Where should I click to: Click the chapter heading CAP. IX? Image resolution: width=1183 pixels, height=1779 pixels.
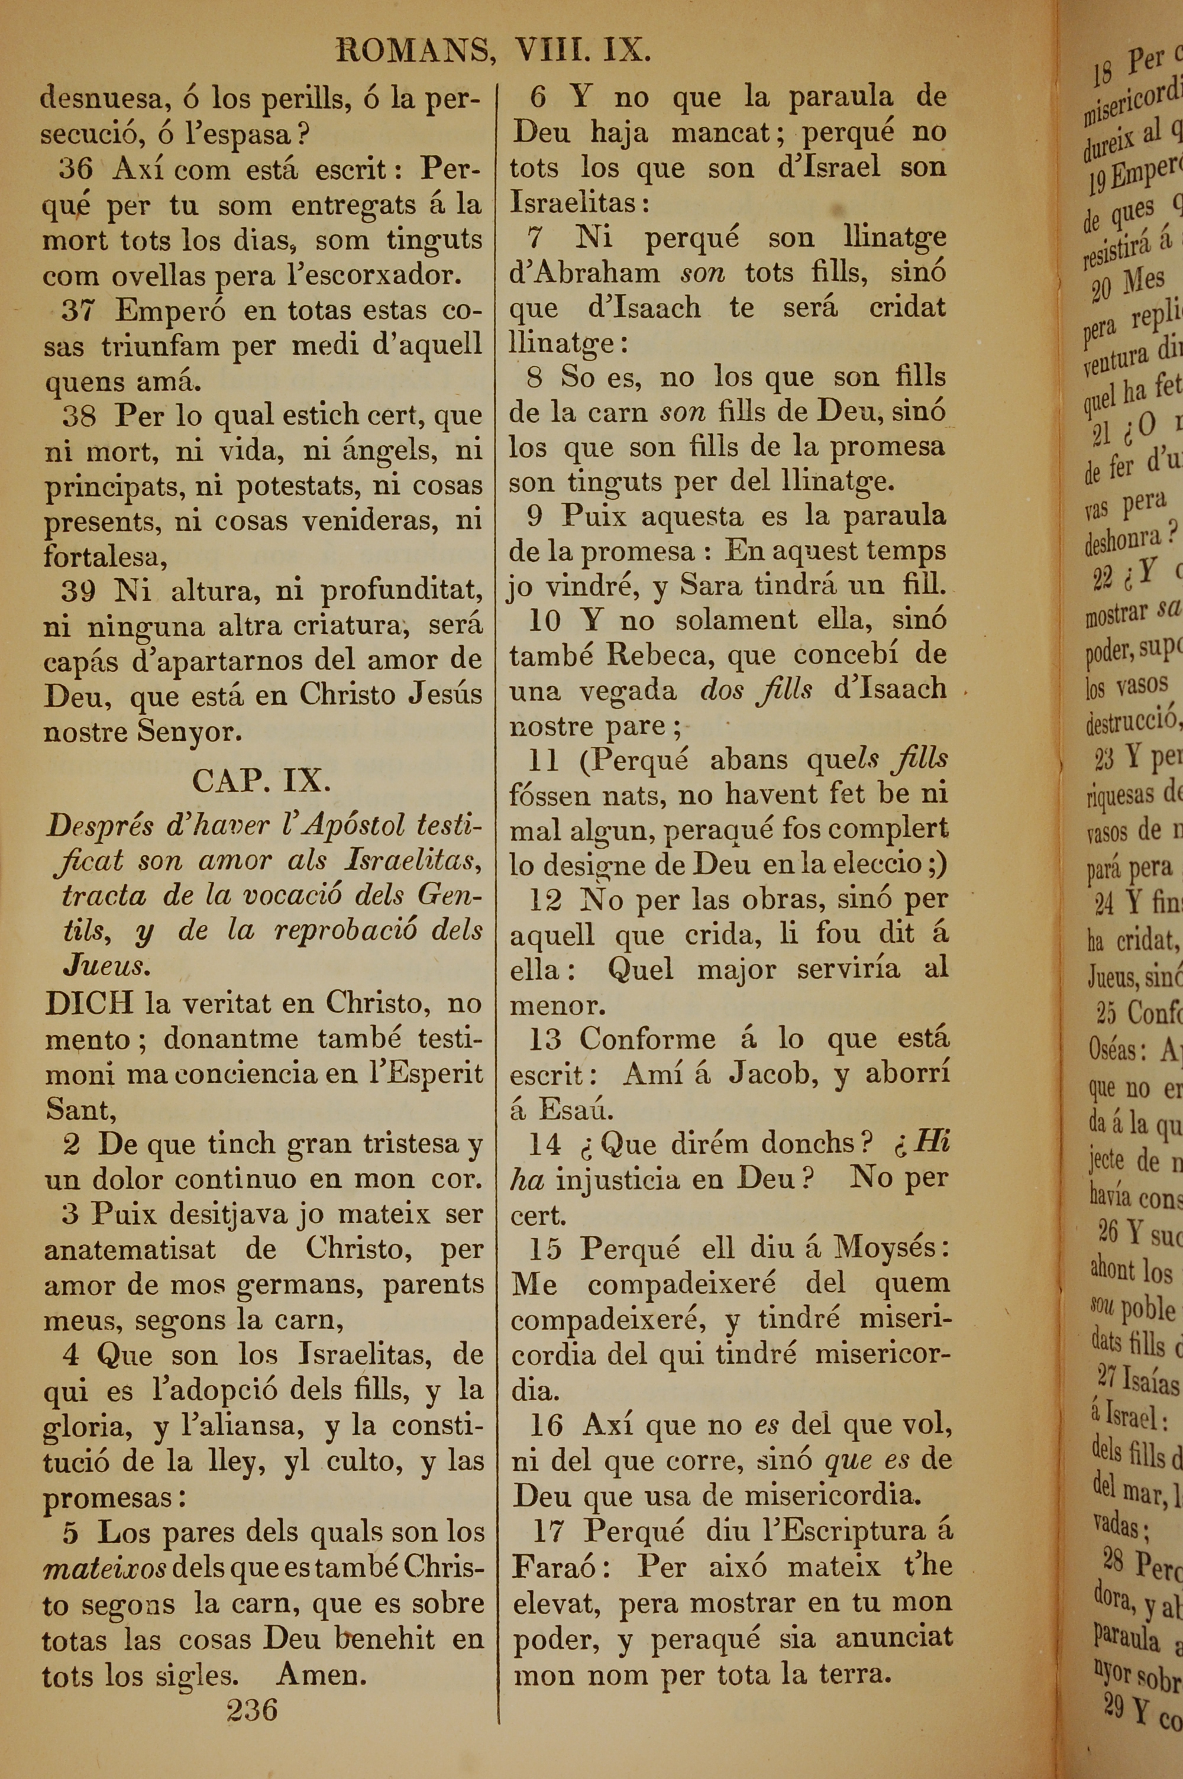click(x=261, y=781)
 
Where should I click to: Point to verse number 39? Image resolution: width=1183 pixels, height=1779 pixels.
click(x=77, y=590)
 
